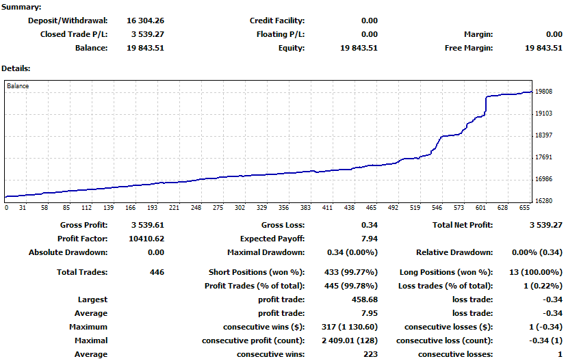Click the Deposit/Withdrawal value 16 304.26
(x=146, y=21)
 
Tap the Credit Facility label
(x=277, y=21)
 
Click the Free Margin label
(x=469, y=48)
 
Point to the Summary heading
(x=22, y=7)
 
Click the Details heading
(x=16, y=68)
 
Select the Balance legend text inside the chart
(x=18, y=86)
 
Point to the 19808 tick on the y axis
(x=544, y=92)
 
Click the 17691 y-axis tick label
(x=544, y=157)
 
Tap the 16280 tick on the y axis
(x=544, y=201)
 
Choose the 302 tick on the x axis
(x=240, y=208)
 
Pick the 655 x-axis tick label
(x=524, y=208)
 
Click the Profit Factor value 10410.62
(x=146, y=239)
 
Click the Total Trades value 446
(x=155, y=272)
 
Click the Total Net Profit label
(x=463, y=225)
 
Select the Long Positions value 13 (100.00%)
(x=535, y=272)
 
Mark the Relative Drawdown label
(x=454, y=252)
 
